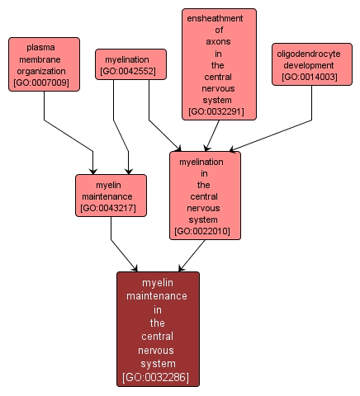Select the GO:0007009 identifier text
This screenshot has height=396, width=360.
click(45, 84)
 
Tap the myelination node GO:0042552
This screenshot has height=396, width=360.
click(130, 64)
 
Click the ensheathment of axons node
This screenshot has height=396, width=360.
click(219, 64)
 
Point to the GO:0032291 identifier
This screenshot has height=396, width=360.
click(219, 111)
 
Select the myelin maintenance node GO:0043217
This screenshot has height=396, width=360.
click(111, 196)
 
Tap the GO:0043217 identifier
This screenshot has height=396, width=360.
click(111, 209)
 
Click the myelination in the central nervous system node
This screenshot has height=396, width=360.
click(206, 195)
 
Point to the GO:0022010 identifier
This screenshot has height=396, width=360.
click(206, 233)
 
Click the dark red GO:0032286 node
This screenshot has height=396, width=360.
click(158, 328)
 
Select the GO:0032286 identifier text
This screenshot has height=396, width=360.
click(158, 378)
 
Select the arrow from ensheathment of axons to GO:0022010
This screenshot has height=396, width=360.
click(212, 135)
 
